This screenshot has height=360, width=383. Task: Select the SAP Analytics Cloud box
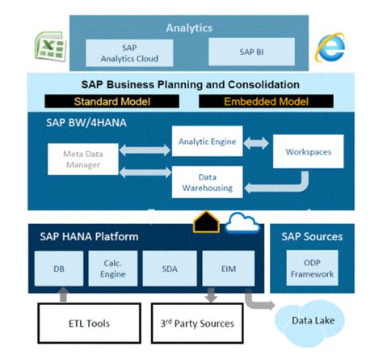tap(129, 53)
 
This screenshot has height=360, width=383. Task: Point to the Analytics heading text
tap(188, 28)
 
